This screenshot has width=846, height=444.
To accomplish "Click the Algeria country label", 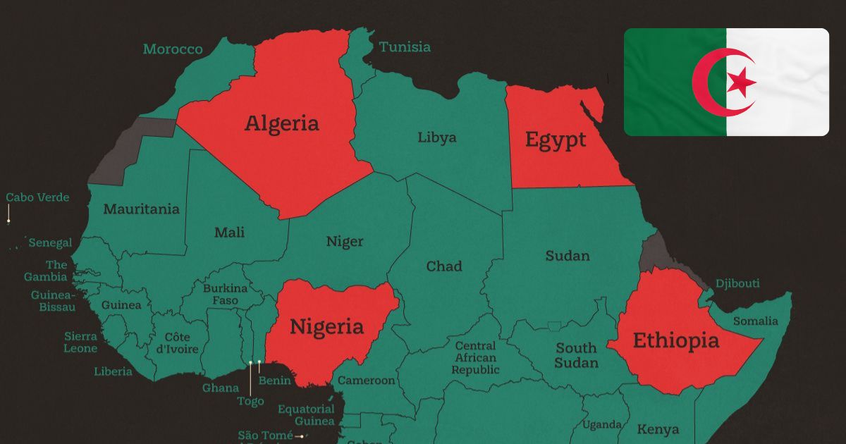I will pyautogui.click(x=281, y=123).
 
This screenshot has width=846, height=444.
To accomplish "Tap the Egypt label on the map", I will pyautogui.click(x=556, y=140).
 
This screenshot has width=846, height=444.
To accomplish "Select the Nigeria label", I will pyautogui.click(x=327, y=327).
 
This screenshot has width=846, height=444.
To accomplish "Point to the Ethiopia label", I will pyautogui.click(x=676, y=341).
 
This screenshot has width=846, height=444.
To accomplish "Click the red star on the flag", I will pyautogui.click(x=741, y=83).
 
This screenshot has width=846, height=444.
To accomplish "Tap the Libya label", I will pyautogui.click(x=436, y=137).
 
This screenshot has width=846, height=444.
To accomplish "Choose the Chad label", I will pyautogui.click(x=444, y=266).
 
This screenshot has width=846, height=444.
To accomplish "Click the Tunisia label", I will pyautogui.click(x=405, y=47).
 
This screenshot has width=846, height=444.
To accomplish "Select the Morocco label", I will pyautogui.click(x=173, y=49).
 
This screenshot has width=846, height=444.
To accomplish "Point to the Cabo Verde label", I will pyautogui.click(x=38, y=197).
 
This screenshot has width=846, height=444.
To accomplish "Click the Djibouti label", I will pyautogui.click(x=737, y=283).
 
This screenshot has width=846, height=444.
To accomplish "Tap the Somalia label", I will pyautogui.click(x=755, y=321).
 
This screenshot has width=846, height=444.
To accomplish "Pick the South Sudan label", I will pyautogui.click(x=576, y=355).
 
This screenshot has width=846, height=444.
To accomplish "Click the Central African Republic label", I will pyautogui.click(x=475, y=358).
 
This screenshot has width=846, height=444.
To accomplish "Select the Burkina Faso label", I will pyautogui.click(x=225, y=295).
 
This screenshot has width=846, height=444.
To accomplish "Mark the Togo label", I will pyautogui.click(x=250, y=401).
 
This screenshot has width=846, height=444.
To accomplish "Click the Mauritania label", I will pyautogui.click(x=141, y=209).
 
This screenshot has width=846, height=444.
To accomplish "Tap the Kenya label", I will pyautogui.click(x=658, y=429).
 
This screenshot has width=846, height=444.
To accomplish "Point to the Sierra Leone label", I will pyautogui.click(x=80, y=343).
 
